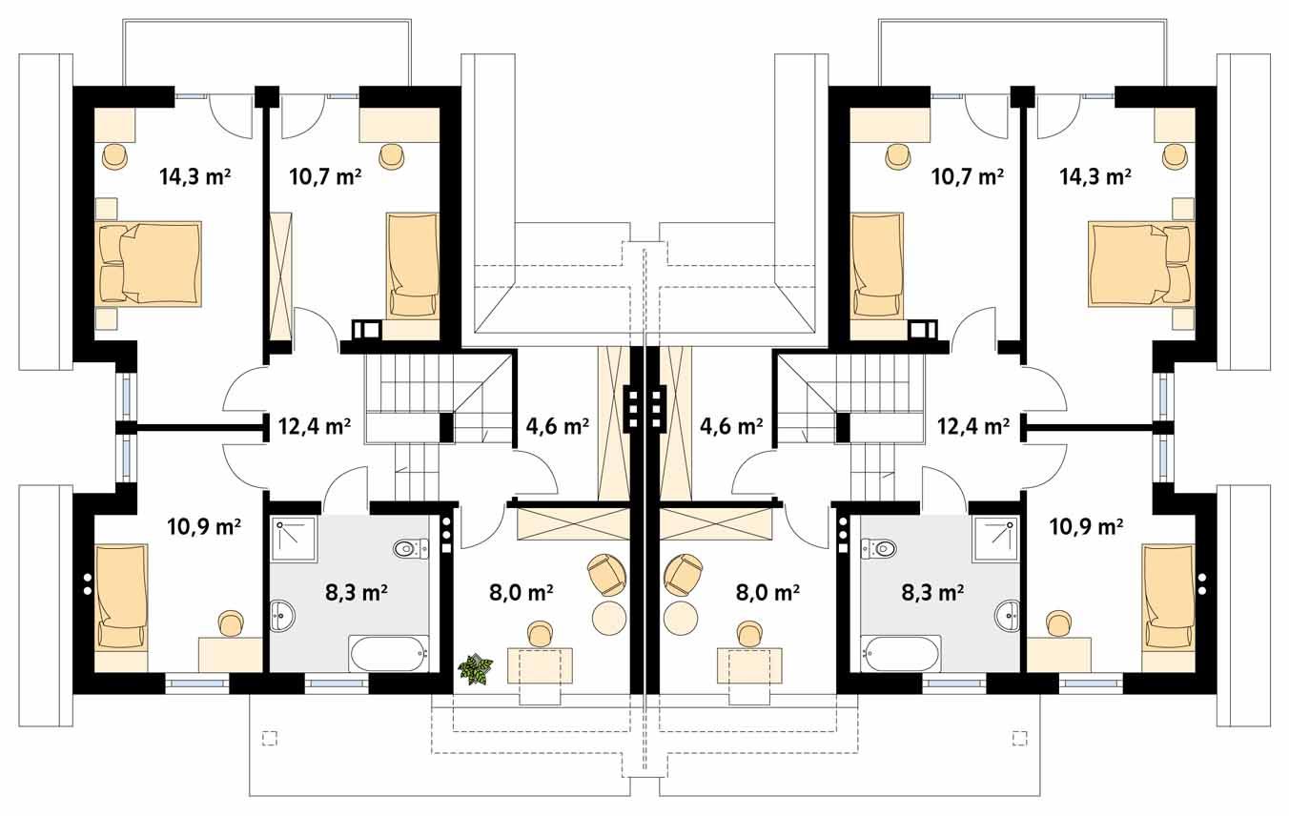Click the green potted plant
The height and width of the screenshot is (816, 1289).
point(476,668)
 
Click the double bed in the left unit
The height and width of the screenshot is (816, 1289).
point(151,264)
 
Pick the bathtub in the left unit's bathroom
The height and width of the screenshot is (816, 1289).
point(389,654)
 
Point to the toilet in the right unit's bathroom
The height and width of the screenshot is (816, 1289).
point(879,548)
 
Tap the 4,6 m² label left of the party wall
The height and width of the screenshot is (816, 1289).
point(557,426)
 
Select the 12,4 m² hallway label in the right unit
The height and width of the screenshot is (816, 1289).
point(972,426)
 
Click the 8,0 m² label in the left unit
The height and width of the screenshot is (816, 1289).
point(522,593)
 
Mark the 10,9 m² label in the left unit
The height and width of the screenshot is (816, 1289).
point(203,525)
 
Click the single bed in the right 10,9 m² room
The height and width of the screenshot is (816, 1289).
point(1168,597)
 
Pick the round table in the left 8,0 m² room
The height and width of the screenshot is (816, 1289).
point(610,617)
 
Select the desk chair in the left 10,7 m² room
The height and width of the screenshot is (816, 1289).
point(392,155)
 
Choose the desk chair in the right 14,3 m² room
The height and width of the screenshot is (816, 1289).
point(1174,155)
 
